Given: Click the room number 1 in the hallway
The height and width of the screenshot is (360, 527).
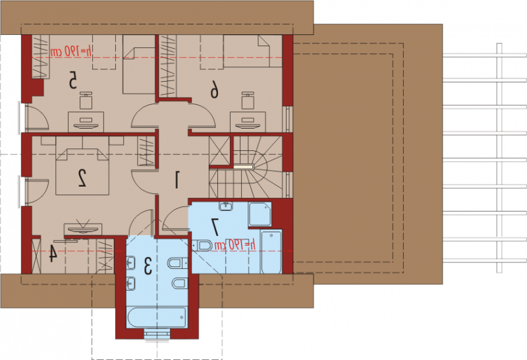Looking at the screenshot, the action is pos(177,179).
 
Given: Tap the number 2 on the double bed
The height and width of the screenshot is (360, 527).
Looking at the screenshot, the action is pos(82,177).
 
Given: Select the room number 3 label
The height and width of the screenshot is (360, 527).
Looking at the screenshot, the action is pos(148,266).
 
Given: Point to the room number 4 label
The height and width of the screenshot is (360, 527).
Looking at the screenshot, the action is pos(53,253).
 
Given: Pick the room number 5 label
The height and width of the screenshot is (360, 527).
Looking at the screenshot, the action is pos(72,80).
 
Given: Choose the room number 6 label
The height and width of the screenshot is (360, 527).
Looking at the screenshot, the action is pos(215,90).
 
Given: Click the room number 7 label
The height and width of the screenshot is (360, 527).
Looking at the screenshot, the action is pos(215,227).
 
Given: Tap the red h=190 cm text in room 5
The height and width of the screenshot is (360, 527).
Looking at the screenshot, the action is pos(71,51).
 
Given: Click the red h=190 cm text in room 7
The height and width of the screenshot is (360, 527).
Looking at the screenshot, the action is pos(235,245).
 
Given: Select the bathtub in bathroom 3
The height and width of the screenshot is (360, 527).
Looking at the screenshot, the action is pos(157,317).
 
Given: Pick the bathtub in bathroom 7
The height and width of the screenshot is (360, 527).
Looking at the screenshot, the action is pos(271,251).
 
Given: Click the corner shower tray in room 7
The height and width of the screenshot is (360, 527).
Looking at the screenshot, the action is pos(260,214).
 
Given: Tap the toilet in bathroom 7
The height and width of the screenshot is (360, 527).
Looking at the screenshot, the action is pos(202,245).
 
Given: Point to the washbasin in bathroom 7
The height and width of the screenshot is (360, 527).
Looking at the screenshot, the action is pos(227,206).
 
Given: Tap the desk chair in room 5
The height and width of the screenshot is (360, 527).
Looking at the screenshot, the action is pos(86,100).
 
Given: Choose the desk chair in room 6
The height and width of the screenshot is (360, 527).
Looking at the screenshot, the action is pos(248,100).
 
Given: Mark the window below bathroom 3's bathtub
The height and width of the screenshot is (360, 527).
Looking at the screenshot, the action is pos(157,334).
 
